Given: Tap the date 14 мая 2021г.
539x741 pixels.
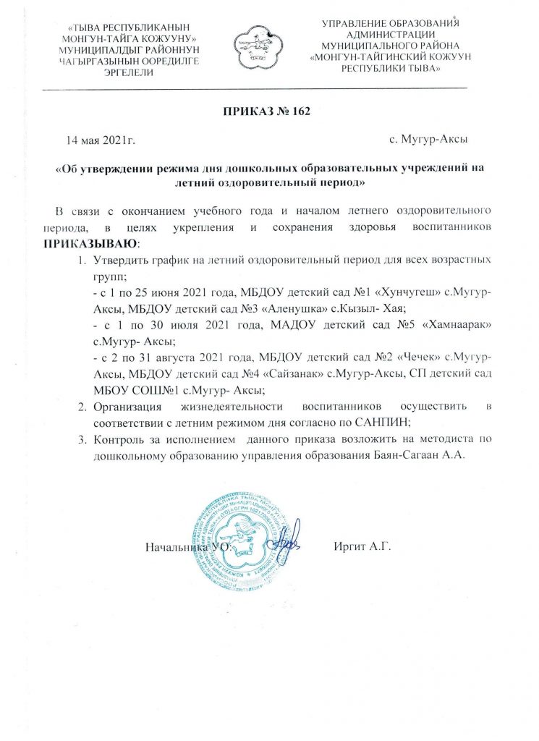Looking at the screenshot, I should tap(100, 138).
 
